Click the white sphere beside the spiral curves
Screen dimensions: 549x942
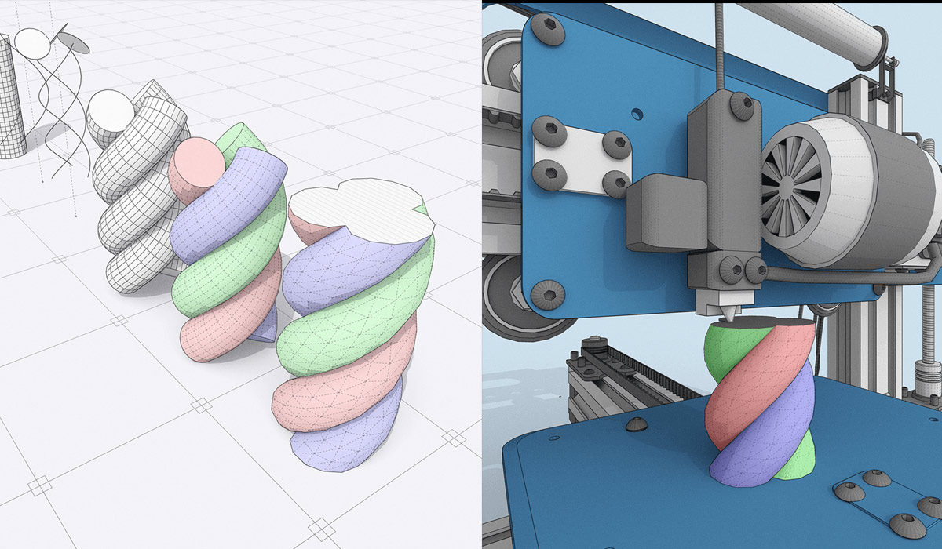tap(31, 45)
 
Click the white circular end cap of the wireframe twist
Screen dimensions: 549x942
tap(109, 112)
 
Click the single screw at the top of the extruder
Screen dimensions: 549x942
tap(739, 103)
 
